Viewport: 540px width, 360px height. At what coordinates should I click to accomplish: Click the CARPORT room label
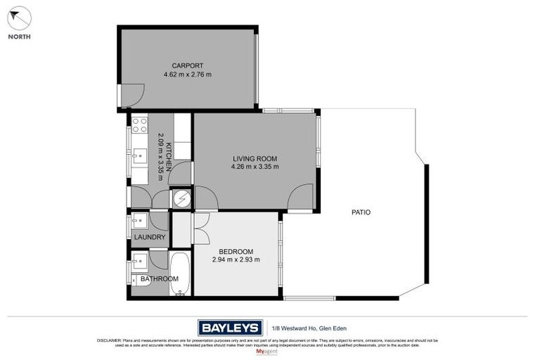pos(188,65)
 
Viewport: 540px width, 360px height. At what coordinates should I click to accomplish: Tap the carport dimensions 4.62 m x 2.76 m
pos(188,75)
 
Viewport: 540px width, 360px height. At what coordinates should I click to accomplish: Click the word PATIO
pos(361,212)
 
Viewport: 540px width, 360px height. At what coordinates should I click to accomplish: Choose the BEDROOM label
pos(236,251)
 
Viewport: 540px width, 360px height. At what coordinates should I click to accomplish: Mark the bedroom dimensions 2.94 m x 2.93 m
pos(236,259)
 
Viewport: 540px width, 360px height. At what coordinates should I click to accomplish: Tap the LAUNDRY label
pos(148,237)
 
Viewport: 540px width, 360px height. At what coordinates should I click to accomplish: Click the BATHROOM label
pos(159,278)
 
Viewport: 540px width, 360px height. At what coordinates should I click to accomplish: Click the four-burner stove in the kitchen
pos(139,125)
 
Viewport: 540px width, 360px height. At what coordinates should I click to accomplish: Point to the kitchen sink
pos(139,155)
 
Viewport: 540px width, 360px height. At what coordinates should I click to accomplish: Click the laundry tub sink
pos(139,221)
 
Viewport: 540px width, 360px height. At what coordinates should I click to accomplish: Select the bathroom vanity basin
pos(139,262)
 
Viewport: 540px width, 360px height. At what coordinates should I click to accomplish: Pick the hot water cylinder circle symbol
pos(181,199)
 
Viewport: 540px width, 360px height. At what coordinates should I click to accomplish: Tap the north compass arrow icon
pos(20,18)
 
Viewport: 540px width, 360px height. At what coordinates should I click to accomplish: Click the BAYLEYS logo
pos(230,327)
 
